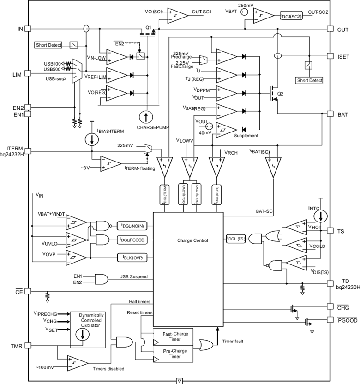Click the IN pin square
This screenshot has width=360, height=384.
click(x=28, y=29)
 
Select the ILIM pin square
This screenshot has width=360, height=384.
click(x=28, y=72)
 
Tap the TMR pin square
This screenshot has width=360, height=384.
click(x=28, y=345)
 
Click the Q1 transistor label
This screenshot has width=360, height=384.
click(x=148, y=28)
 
